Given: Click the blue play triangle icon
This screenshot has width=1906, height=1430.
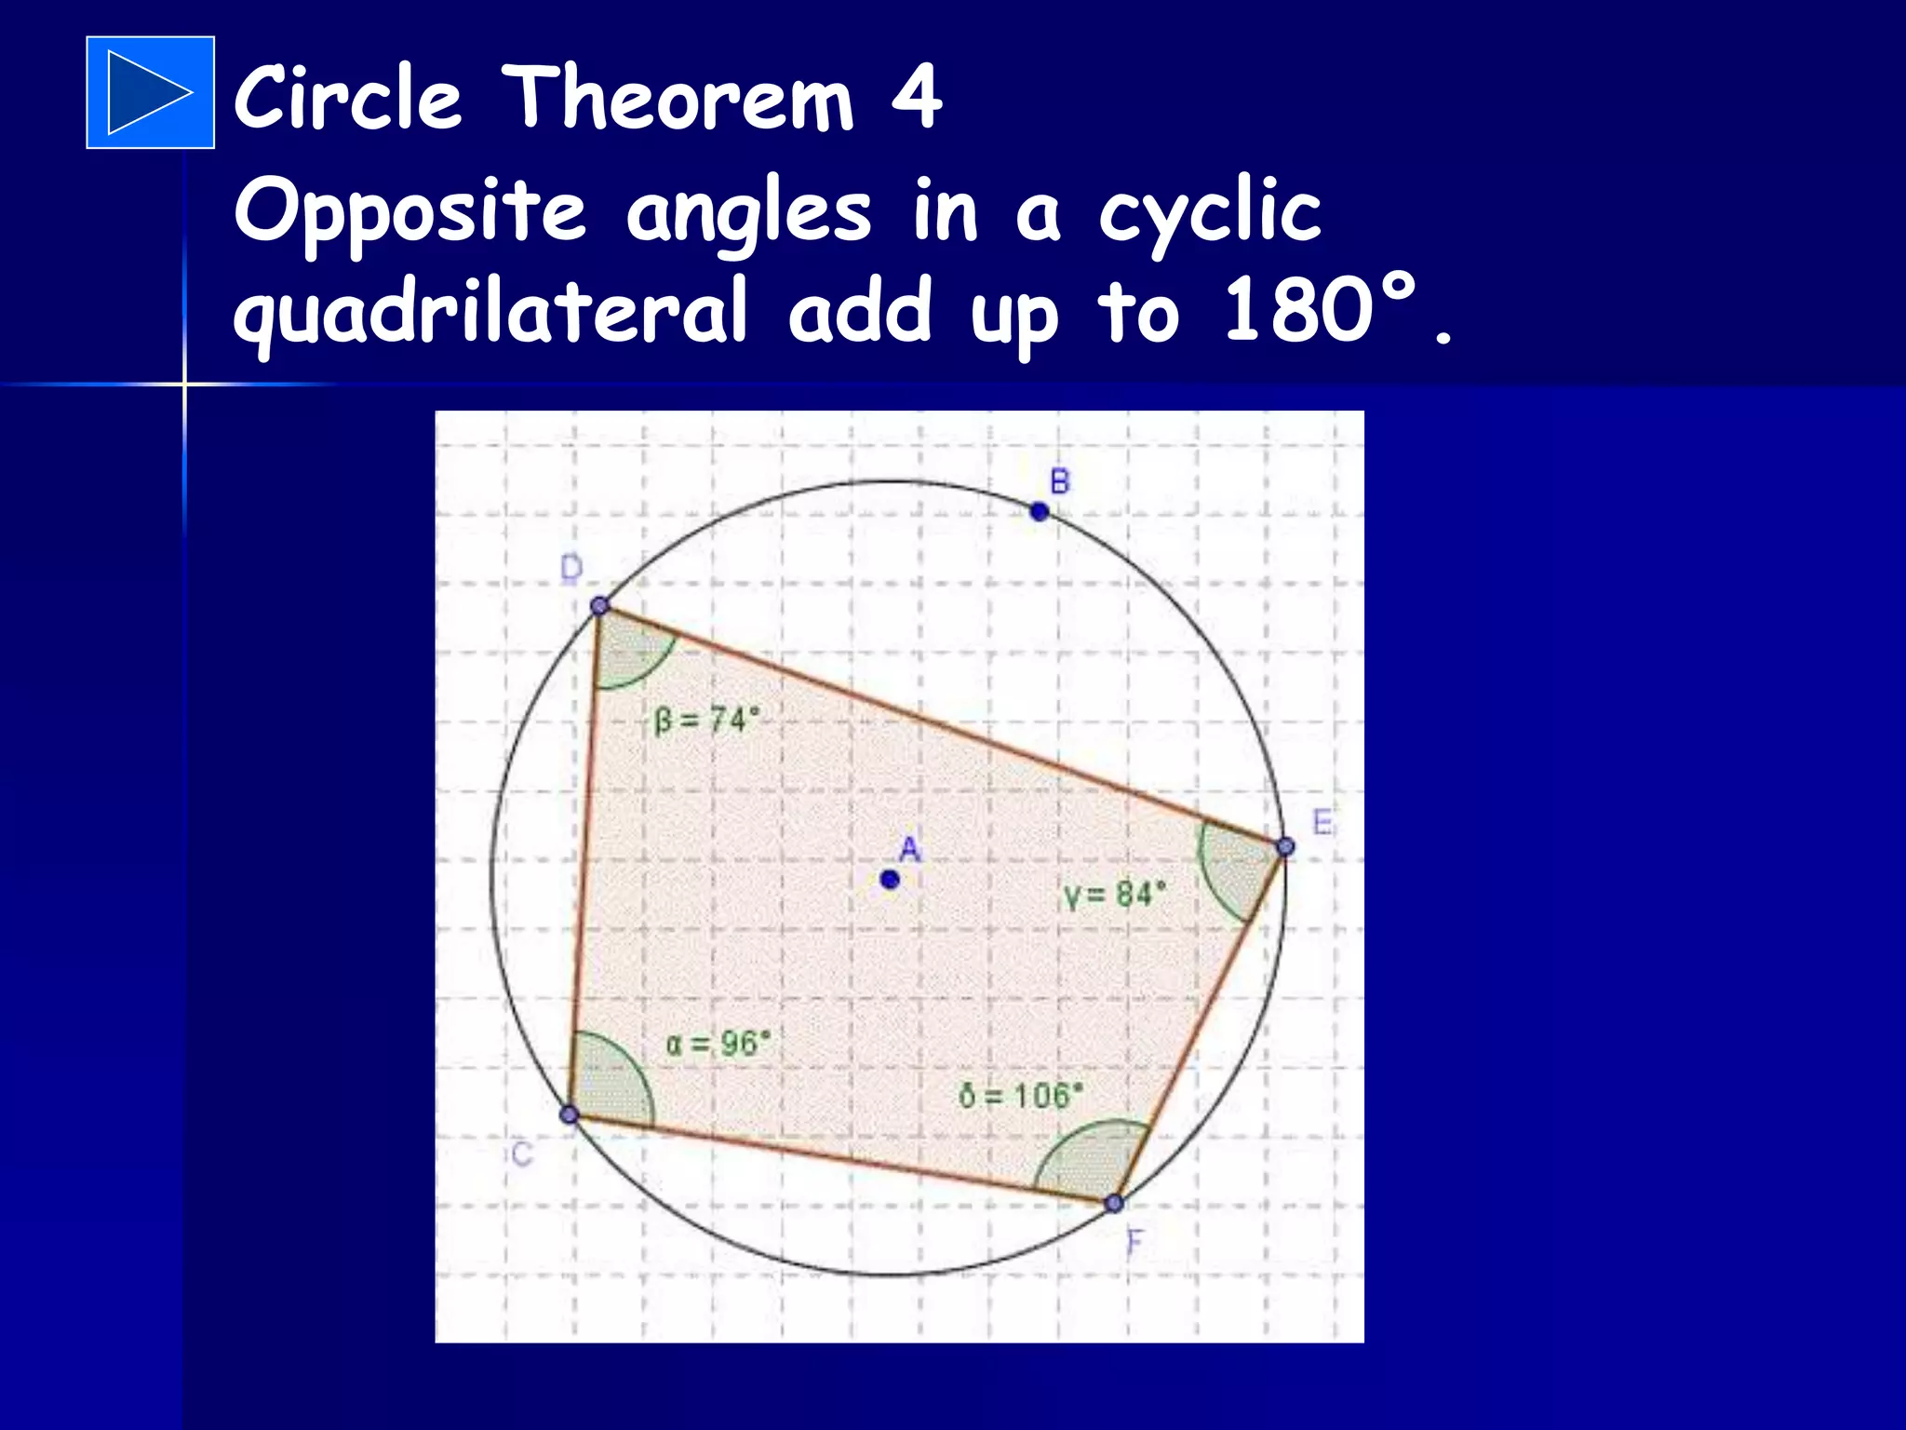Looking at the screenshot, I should [150, 92].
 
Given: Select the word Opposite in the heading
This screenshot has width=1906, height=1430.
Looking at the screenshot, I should [409, 213].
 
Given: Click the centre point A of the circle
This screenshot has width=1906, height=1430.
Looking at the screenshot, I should [890, 879].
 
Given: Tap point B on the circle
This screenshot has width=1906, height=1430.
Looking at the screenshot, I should [1040, 511].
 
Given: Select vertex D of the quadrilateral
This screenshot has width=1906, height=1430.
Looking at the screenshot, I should [600, 606].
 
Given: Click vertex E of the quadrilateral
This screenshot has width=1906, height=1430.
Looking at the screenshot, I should [1285, 846].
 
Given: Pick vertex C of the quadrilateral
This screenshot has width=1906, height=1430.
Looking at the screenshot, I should [570, 1114].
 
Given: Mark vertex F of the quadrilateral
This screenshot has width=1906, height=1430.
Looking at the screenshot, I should [1114, 1203].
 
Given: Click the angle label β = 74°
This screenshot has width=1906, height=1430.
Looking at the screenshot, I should [707, 720].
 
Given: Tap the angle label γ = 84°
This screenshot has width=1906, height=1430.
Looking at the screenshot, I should [1115, 895].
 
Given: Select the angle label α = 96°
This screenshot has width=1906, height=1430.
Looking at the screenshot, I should [718, 1043].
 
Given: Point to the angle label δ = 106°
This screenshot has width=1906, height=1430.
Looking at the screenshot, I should [1021, 1095].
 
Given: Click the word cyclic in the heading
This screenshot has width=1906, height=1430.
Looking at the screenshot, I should [1209, 213].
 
